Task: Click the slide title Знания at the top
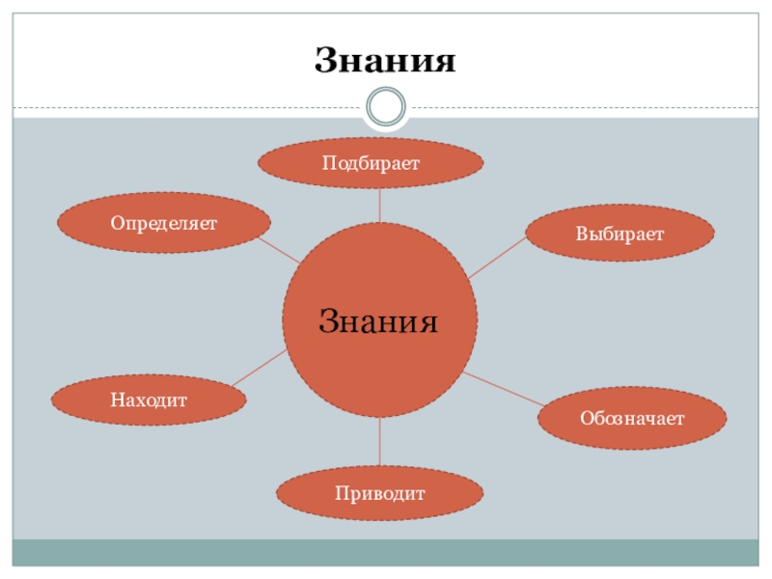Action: (384, 61)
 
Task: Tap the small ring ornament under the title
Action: (386, 105)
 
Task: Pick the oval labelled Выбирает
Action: (620, 233)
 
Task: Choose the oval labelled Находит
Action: (148, 399)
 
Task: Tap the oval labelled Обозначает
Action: (632, 418)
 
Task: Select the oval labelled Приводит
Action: (380, 493)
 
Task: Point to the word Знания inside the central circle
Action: (379, 320)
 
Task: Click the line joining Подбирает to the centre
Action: (379, 205)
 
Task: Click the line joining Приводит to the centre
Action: (379, 443)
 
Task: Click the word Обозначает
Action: (632, 419)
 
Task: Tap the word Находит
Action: (148, 400)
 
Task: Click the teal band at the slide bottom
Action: (386, 552)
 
